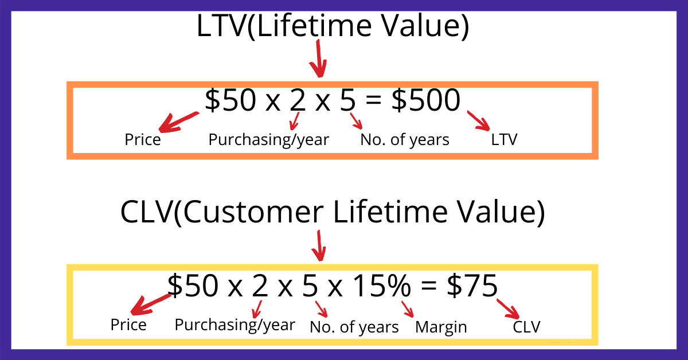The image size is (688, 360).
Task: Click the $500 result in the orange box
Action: tap(426, 100)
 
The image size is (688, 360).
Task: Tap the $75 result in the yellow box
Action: tap(472, 285)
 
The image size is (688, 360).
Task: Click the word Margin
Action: tap(441, 327)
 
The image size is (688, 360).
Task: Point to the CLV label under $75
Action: tap(526, 327)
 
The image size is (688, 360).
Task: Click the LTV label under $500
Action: tap(504, 139)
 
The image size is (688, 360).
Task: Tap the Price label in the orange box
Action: tap(143, 140)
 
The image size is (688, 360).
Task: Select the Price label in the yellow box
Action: tap(128, 325)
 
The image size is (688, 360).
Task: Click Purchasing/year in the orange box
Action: tap(269, 140)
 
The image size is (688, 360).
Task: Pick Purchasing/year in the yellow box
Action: tap(235, 325)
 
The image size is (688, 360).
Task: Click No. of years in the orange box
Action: tap(405, 140)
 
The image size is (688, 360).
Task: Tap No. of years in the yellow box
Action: tap(354, 327)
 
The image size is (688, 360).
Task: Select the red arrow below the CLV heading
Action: tap(319, 246)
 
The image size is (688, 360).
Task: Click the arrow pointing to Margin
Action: tap(408, 309)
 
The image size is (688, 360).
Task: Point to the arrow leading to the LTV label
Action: tap(479, 121)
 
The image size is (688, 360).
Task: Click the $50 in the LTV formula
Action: tap(230, 100)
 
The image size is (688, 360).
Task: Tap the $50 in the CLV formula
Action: tap(193, 285)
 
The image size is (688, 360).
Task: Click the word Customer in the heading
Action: tap(253, 212)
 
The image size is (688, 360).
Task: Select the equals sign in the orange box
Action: tap(374, 100)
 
